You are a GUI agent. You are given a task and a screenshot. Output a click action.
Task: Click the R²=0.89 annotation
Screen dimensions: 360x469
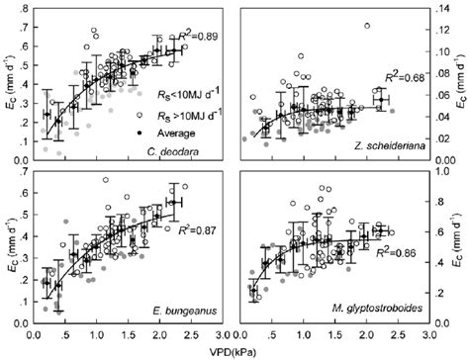[x=203, y=38]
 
